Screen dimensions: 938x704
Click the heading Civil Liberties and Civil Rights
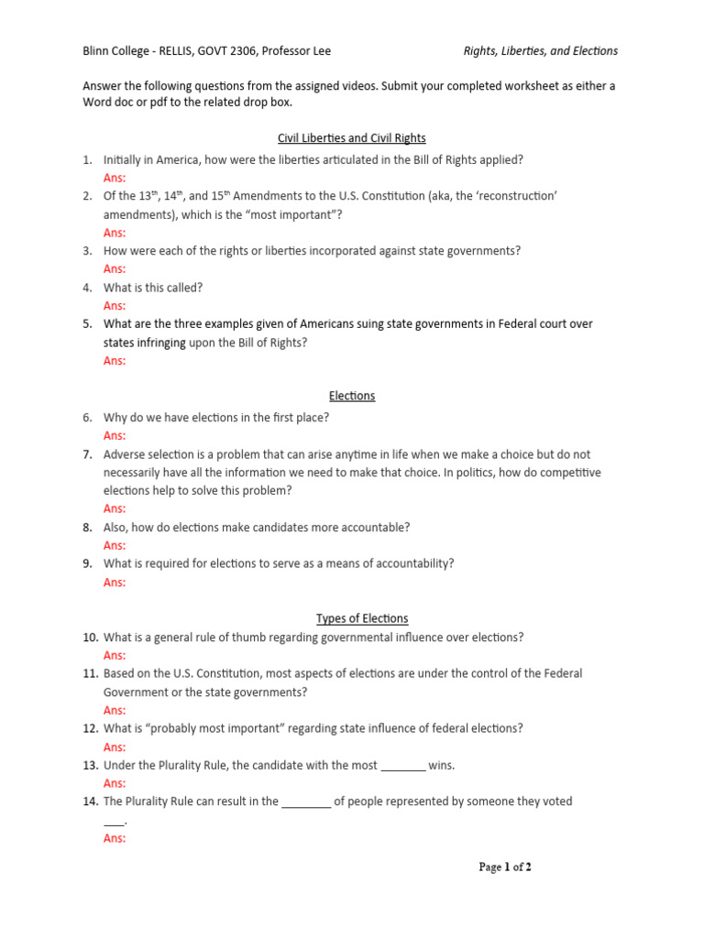click(352, 138)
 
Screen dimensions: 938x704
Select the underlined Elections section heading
click(352, 396)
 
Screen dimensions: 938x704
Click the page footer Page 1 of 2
click(504, 867)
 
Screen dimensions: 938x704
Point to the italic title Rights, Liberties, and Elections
click(540, 51)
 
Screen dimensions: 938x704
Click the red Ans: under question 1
click(115, 178)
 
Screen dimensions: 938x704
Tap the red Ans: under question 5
click(115, 361)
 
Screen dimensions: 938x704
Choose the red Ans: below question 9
click(115, 582)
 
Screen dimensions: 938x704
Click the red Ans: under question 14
click(115, 838)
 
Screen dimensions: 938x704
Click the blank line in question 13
click(402, 766)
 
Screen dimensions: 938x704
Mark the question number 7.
click(87, 454)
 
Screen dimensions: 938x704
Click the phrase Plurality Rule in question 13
click(183, 766)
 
